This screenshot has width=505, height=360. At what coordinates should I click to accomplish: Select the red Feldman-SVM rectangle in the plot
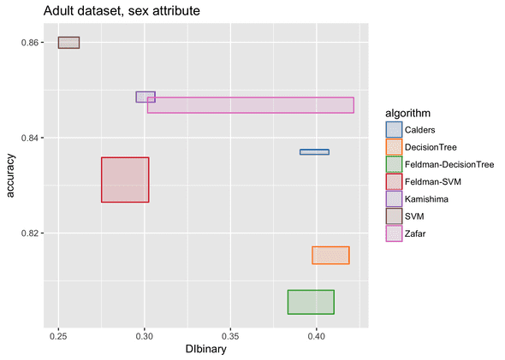(125, 180)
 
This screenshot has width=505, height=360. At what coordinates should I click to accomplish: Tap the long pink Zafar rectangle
(250, 105)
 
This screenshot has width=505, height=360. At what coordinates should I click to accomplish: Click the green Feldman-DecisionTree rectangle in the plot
(310, 302)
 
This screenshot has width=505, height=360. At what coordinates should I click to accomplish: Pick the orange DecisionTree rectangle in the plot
(330, 255)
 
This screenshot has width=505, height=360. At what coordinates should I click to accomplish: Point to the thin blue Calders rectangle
(314, 152)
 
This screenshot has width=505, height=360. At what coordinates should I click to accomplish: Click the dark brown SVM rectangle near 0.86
(68, 43)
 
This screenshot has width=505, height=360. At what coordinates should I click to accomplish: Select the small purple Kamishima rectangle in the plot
(146, 97)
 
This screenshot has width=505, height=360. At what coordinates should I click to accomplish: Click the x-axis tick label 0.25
(58, 336)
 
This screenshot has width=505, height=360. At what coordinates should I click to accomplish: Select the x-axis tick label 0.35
(230, 336)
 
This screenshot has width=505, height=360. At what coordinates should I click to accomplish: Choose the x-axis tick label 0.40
(317, 336)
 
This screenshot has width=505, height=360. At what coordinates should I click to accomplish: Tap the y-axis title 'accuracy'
(10, 177)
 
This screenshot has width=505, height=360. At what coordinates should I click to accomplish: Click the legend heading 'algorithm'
(407, 113)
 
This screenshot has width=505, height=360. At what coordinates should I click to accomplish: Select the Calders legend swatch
(394, 130)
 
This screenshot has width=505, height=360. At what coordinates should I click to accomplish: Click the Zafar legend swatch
(394, 233)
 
